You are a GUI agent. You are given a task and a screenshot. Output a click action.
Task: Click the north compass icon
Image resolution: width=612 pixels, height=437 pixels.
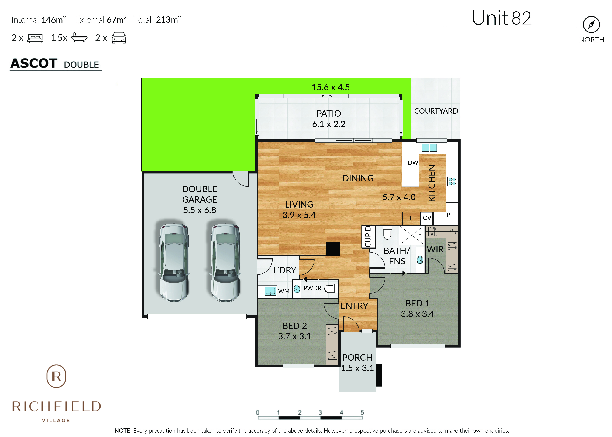pyautogui.click(x=591, y=25)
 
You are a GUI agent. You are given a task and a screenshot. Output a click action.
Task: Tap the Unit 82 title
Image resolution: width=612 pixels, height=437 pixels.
pyautogui.click(x=501, y=18)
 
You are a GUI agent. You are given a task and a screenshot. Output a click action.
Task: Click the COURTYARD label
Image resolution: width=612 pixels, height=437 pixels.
pyautogui.click(x=436, y=111)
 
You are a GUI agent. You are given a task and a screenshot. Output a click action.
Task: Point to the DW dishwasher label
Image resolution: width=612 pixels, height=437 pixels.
pyautogui.click(x=413, y=162)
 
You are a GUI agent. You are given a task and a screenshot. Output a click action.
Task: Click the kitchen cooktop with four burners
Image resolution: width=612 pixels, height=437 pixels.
pyautogui.click(x=452, y=181)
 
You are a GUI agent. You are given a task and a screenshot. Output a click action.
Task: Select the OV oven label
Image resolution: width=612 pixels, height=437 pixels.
pyautogui.click(x=427, y=218)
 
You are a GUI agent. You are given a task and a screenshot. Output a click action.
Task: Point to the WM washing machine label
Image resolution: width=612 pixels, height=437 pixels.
pyautogui.click(x=284, y=291)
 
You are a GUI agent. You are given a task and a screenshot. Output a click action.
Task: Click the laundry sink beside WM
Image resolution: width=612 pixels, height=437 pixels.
pyautogui.click(x=270, y=291)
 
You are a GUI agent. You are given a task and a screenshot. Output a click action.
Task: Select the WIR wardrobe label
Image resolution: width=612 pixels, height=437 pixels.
pyautogui.click(x=435, y=249)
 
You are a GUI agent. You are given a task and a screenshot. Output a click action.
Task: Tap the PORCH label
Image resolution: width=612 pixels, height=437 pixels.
pyautogui.click(x=357, y=357)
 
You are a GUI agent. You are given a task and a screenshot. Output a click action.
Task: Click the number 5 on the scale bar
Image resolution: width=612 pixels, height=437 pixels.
pyautogui.click(x=362, y=412)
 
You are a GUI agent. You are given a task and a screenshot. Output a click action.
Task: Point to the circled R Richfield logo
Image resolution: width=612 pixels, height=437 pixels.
pyautogui.click(x=56, y=376)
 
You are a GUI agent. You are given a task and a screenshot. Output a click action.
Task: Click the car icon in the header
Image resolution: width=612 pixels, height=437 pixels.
pyautogui.click(x=119, y=38)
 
